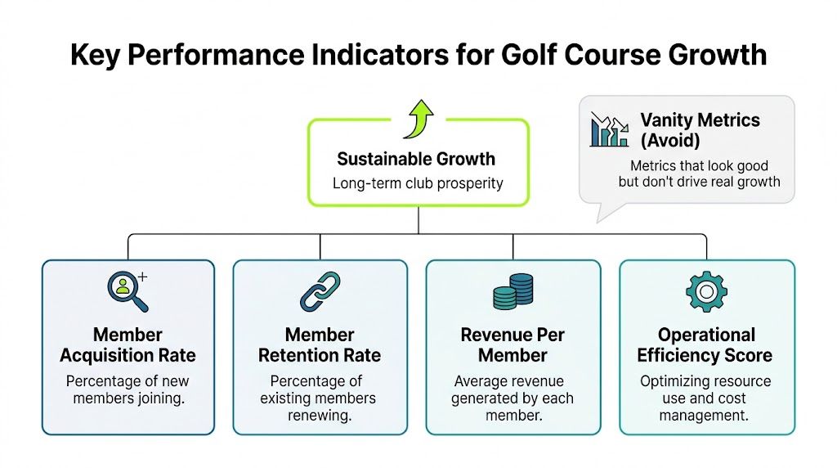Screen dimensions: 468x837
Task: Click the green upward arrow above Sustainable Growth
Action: click(x=418, y=119)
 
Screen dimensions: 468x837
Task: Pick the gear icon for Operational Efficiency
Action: click(x=705, y=291)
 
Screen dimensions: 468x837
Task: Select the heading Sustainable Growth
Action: click(x=416, y=159)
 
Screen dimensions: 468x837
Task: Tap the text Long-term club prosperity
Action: click(x=418, y=182)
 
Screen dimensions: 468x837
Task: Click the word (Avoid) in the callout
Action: click(x=670, y=140)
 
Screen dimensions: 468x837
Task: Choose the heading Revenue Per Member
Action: click(x=512, y=344)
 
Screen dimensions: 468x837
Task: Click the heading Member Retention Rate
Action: click(x=320, y=344)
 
